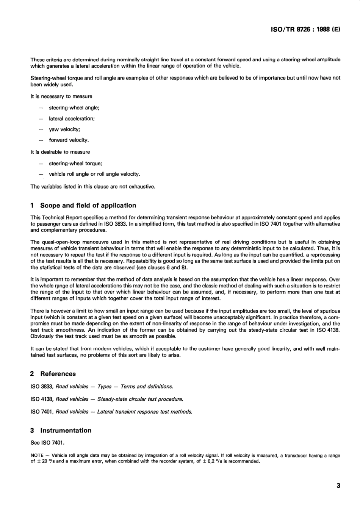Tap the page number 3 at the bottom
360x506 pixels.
click(x=338, y=486)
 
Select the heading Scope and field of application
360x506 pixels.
click(x=88, y=206)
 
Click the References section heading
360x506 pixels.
click(x=58, y=374)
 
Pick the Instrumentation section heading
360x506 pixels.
click(x=66, y=431)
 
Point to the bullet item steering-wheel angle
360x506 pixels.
click(x=74, y=108)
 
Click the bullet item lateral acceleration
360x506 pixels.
click(x=72, y=119)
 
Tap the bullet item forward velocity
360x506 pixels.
click(x=69, y=140)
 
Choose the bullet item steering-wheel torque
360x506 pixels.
click(x=75, y=164)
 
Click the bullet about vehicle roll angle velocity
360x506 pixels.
click(x=94, y=174)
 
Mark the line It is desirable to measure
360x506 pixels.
click(x=60, y=152)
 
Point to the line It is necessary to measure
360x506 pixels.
click(x=61, y=97)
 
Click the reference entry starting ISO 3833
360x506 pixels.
click(x=102, y=387)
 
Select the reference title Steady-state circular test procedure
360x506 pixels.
click(x=140, y=399)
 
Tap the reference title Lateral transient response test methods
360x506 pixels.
click(x=145, y=412)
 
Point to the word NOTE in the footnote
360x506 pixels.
click(x=37, y=456)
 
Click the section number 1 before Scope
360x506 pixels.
click(x=32, y=206)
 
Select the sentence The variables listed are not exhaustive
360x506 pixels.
click(x=93, y=186)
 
